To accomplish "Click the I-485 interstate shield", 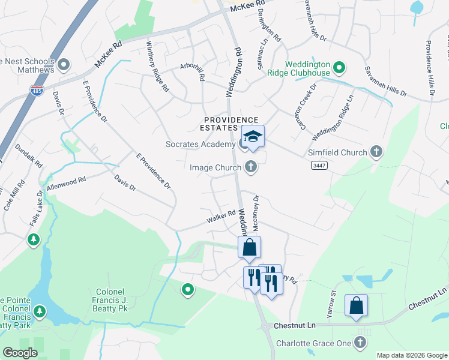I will [x=36, y=91].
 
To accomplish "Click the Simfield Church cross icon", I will [x=376, y=152].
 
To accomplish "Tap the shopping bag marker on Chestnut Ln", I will [x=356, y=305].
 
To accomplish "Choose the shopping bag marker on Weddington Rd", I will [x=249, y=247].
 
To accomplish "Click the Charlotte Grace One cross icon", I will [x=360, y=343].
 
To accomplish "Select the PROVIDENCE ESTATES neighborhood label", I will [x=230, y=124].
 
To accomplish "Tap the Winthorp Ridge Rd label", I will [x=157, y=67].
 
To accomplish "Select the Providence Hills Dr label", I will [x=429, y=68].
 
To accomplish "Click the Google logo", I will [x=20, y=353].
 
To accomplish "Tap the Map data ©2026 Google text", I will [x=412, y=355].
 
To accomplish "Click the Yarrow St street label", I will [x=332, y=296].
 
